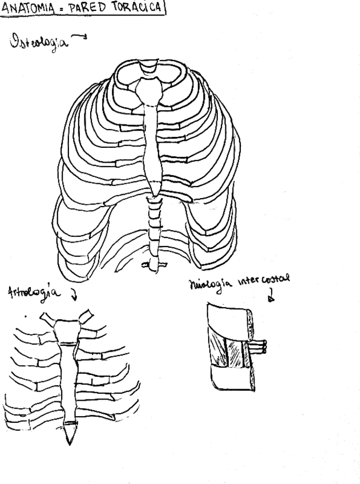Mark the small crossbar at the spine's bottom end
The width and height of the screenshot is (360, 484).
[x=153, y=264]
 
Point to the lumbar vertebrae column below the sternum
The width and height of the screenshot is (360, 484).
[x=153, y=225]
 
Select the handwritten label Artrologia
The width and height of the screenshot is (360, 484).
[x=35, y=295]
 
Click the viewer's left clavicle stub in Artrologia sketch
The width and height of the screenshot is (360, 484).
[x=48, y=317]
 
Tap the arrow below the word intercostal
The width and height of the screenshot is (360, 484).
[x=271, y=296]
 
